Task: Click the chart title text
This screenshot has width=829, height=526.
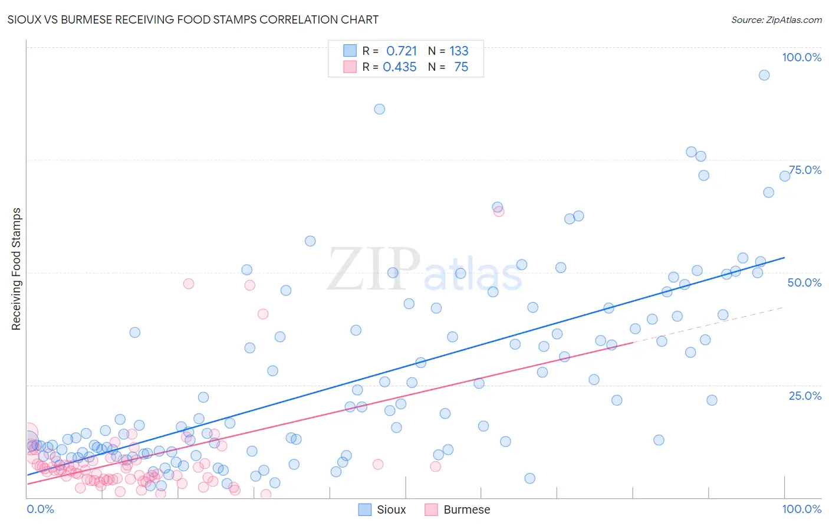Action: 193,19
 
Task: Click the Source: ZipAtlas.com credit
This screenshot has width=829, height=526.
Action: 776,19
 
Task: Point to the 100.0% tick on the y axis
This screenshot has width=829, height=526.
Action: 801,57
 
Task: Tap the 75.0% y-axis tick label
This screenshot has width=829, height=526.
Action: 805,170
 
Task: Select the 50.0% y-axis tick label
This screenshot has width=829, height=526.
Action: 804,282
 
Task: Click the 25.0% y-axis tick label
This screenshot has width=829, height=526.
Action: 805,396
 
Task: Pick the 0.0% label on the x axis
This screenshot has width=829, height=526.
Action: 40,509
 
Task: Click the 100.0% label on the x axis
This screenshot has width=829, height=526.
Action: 801,509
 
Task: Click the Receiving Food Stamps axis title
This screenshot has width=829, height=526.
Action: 16,269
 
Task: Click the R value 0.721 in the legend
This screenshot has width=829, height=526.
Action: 401,51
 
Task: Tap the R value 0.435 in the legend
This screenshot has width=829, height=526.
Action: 400,67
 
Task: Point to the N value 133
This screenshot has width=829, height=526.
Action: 459,51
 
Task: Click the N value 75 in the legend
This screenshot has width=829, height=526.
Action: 461,67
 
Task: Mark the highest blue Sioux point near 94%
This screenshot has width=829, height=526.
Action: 764,75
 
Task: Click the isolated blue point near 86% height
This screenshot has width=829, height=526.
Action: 379,109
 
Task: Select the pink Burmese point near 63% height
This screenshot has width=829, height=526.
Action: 499,212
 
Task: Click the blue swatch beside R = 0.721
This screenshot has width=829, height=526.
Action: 350,51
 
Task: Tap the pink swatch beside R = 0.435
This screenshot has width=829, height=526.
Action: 350,67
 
